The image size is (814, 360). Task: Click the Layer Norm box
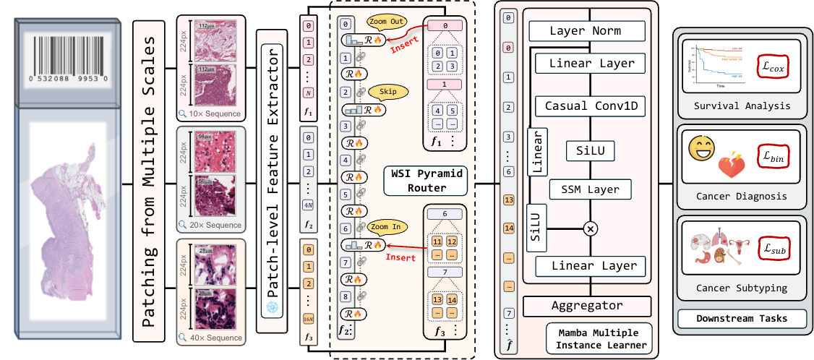click(586, 31)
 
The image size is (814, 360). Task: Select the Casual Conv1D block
click(591, 106)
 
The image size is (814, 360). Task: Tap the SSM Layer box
click(591, 190)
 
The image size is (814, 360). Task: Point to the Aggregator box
click(586, 305)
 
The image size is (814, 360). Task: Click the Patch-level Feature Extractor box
click(273, 181)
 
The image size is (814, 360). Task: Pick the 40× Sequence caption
click(214, 337)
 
